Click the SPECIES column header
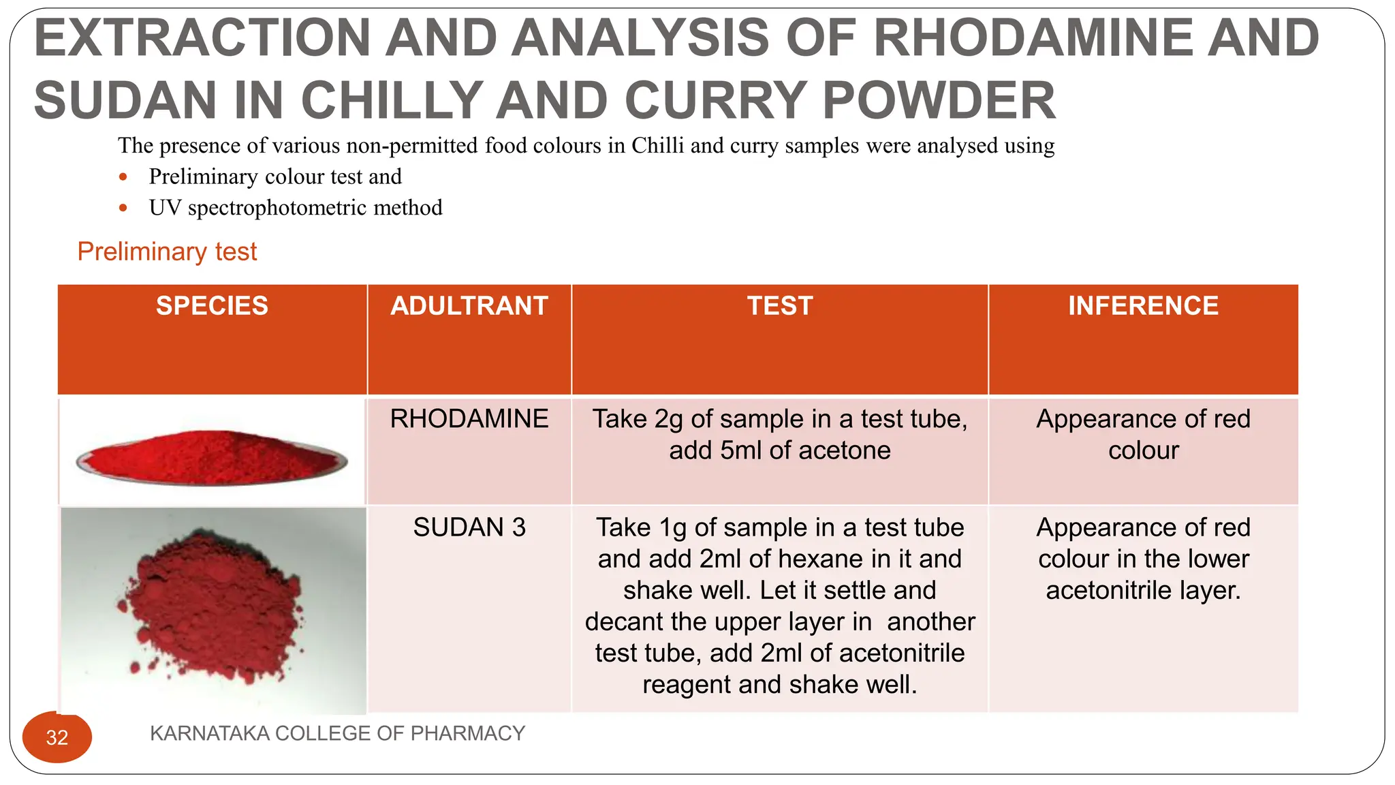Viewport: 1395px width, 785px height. [x=212, y=306]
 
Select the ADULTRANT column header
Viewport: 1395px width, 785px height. [x=469, y=306]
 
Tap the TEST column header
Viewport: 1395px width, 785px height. [x=780, y=306]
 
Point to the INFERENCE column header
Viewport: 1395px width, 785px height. [x=1143, y=306]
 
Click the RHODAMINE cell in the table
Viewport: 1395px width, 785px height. [x=469, y=418]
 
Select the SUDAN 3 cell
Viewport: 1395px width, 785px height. [x=469, y=527]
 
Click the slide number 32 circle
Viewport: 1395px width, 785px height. [x=57, y=737]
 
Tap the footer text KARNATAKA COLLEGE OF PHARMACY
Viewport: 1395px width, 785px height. [x=337, y=733]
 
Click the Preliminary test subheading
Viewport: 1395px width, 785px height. [x=167, y=251]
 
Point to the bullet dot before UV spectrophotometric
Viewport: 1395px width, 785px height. [x=123, y=208]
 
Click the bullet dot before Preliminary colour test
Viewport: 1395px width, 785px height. [x=123, y=177]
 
